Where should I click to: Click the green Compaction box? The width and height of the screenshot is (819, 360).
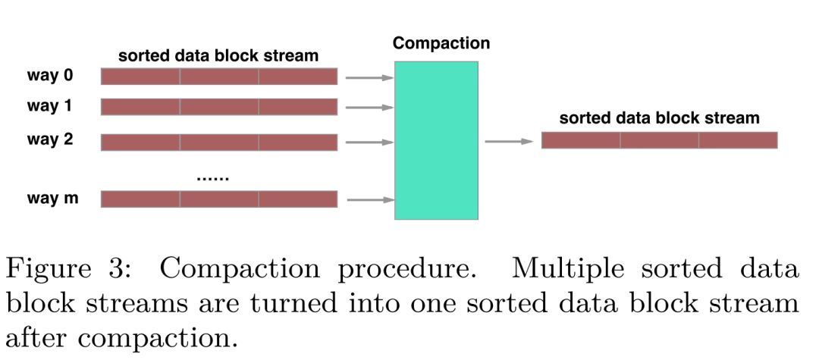436,140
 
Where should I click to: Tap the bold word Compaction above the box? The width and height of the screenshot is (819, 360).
441,43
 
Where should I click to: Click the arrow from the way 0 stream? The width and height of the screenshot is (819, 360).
369,77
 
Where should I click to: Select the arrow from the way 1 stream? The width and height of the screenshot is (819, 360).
369,108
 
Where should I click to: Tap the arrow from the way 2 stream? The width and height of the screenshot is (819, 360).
369,141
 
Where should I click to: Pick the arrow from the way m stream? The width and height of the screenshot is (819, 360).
369,200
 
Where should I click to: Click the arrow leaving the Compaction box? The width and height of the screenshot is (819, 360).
509,141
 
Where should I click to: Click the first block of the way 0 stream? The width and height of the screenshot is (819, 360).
140,77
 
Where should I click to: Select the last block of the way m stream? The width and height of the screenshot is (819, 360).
298,199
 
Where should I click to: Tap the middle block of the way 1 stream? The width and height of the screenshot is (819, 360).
219,107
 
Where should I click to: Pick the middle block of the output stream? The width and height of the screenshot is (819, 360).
659,140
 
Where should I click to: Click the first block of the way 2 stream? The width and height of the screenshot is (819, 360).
140,142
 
